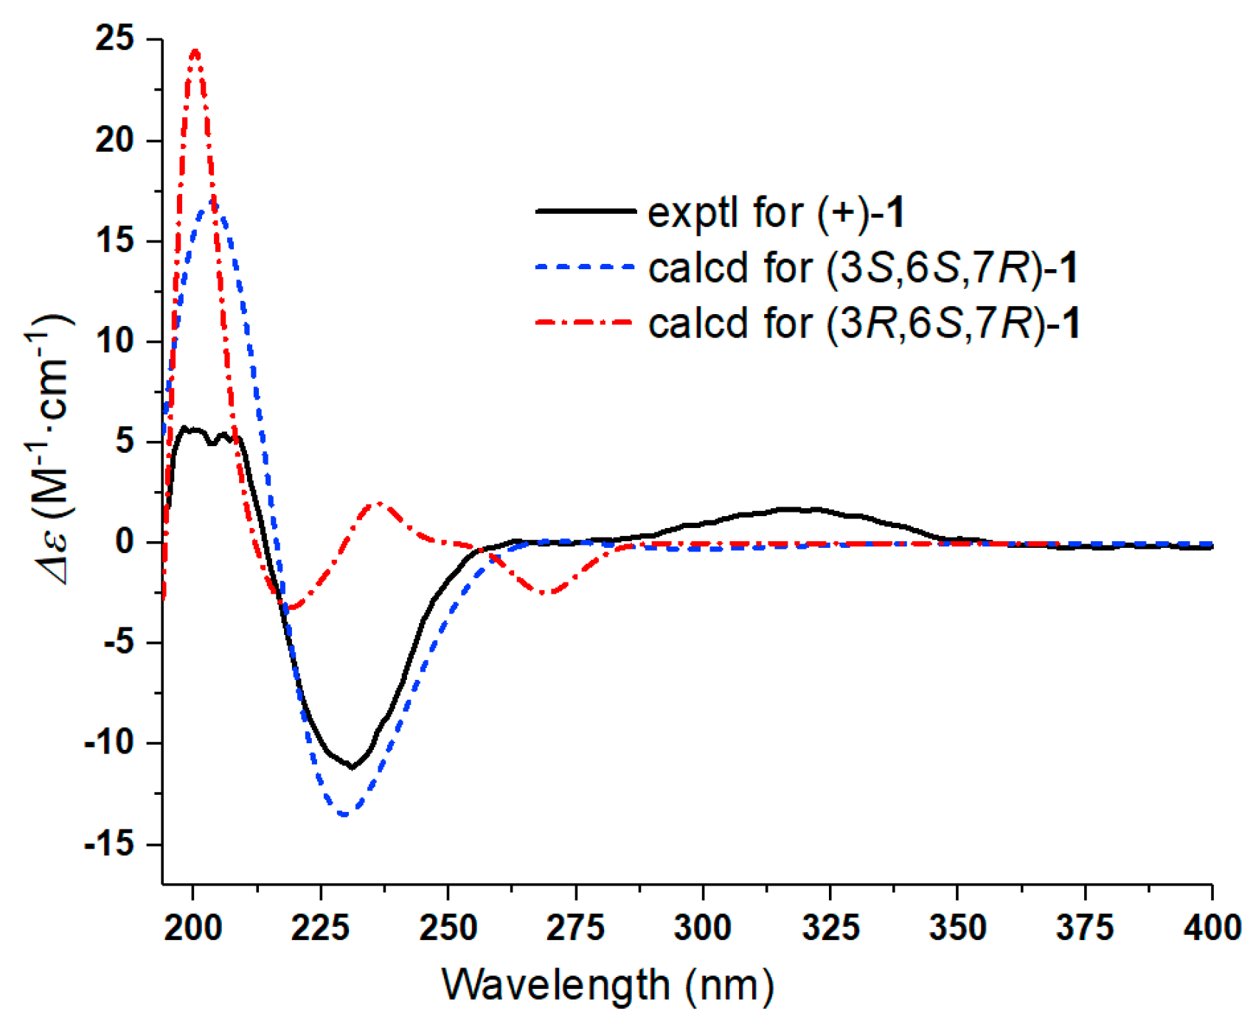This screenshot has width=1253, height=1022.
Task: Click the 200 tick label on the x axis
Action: coord(192,927)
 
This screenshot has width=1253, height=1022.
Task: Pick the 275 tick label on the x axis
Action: coord(575,927)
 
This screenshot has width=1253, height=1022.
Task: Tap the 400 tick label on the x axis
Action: coord(1211,927)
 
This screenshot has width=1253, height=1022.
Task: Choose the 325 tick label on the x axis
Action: coord(830,927)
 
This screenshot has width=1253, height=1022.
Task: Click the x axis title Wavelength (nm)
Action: coord(608,984)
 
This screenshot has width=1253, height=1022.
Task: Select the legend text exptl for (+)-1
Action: coord(776,212)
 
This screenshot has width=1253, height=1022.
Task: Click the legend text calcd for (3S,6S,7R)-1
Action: coord(863,267)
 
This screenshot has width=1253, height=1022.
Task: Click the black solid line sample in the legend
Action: coord(586,212)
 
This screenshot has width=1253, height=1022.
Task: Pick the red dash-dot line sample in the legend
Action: coord(586,322)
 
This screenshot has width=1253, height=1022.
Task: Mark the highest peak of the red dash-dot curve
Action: coord(195,51)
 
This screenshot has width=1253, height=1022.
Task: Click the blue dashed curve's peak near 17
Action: coord(212,201)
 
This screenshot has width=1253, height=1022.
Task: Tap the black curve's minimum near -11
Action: coord(353,768)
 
